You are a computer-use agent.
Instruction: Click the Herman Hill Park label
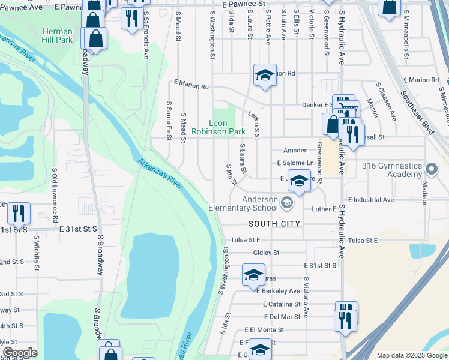58,35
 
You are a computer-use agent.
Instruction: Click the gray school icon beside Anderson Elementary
286,204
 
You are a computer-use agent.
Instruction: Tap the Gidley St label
267,253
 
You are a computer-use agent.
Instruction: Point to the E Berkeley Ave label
277,291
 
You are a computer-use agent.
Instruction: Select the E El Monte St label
273,329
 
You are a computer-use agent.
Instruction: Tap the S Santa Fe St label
169,121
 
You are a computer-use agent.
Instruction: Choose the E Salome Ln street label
295,163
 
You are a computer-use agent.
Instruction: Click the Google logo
19,353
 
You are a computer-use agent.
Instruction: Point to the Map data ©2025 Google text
412,355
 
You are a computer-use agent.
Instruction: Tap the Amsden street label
295,151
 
